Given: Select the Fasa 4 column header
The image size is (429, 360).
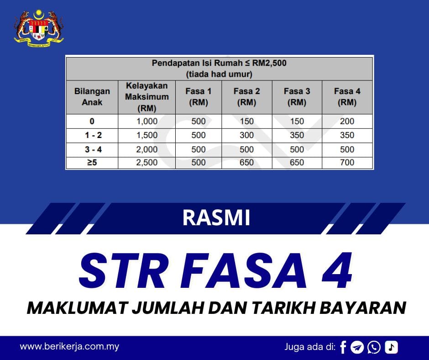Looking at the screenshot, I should pos(347,97).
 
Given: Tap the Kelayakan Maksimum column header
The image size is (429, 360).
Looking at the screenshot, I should pos(146,97).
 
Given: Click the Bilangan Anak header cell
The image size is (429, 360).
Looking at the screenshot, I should pos(92,97).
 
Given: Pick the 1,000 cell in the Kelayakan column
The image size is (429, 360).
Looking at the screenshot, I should pos(146,121).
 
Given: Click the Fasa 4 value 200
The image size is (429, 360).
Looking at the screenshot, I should pos(347,121).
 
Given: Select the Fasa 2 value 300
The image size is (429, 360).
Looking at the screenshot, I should pos(246,135).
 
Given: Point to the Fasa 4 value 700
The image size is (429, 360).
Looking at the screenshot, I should pos(347,162).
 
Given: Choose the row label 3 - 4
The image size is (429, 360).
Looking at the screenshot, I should pos(92,149).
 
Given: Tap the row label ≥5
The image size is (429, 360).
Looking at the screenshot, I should pos(92,162).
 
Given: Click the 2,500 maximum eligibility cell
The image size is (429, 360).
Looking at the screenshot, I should pos(146,162).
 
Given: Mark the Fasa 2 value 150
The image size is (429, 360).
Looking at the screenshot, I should pos(246,121).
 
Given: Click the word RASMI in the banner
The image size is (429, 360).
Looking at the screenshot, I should pos(216,218).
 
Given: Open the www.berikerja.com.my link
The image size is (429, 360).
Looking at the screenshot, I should pos(69,346).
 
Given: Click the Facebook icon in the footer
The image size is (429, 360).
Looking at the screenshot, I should pos(343,347).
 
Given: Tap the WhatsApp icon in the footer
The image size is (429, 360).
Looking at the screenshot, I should pos(374,347).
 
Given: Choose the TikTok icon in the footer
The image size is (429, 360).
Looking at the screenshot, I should pos(391,347).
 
